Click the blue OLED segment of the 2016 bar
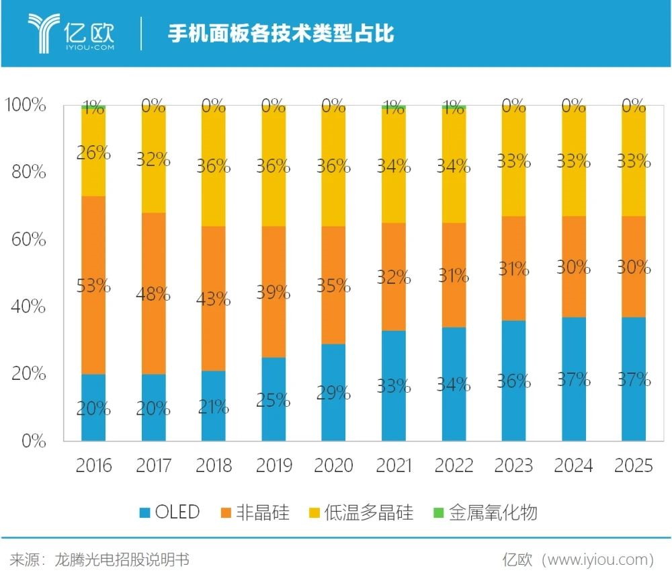click(93, 390)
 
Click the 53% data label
click(93, 286)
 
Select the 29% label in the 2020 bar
click(333, 393)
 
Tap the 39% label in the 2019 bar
click(274, 292)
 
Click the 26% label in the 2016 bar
click(93, 153)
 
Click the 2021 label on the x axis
click(393, 465)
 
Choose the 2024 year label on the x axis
click(573, 465)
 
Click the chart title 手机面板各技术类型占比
click(280, 34)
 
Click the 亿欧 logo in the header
click(71, 32)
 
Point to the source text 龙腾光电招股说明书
click(121, 559)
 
